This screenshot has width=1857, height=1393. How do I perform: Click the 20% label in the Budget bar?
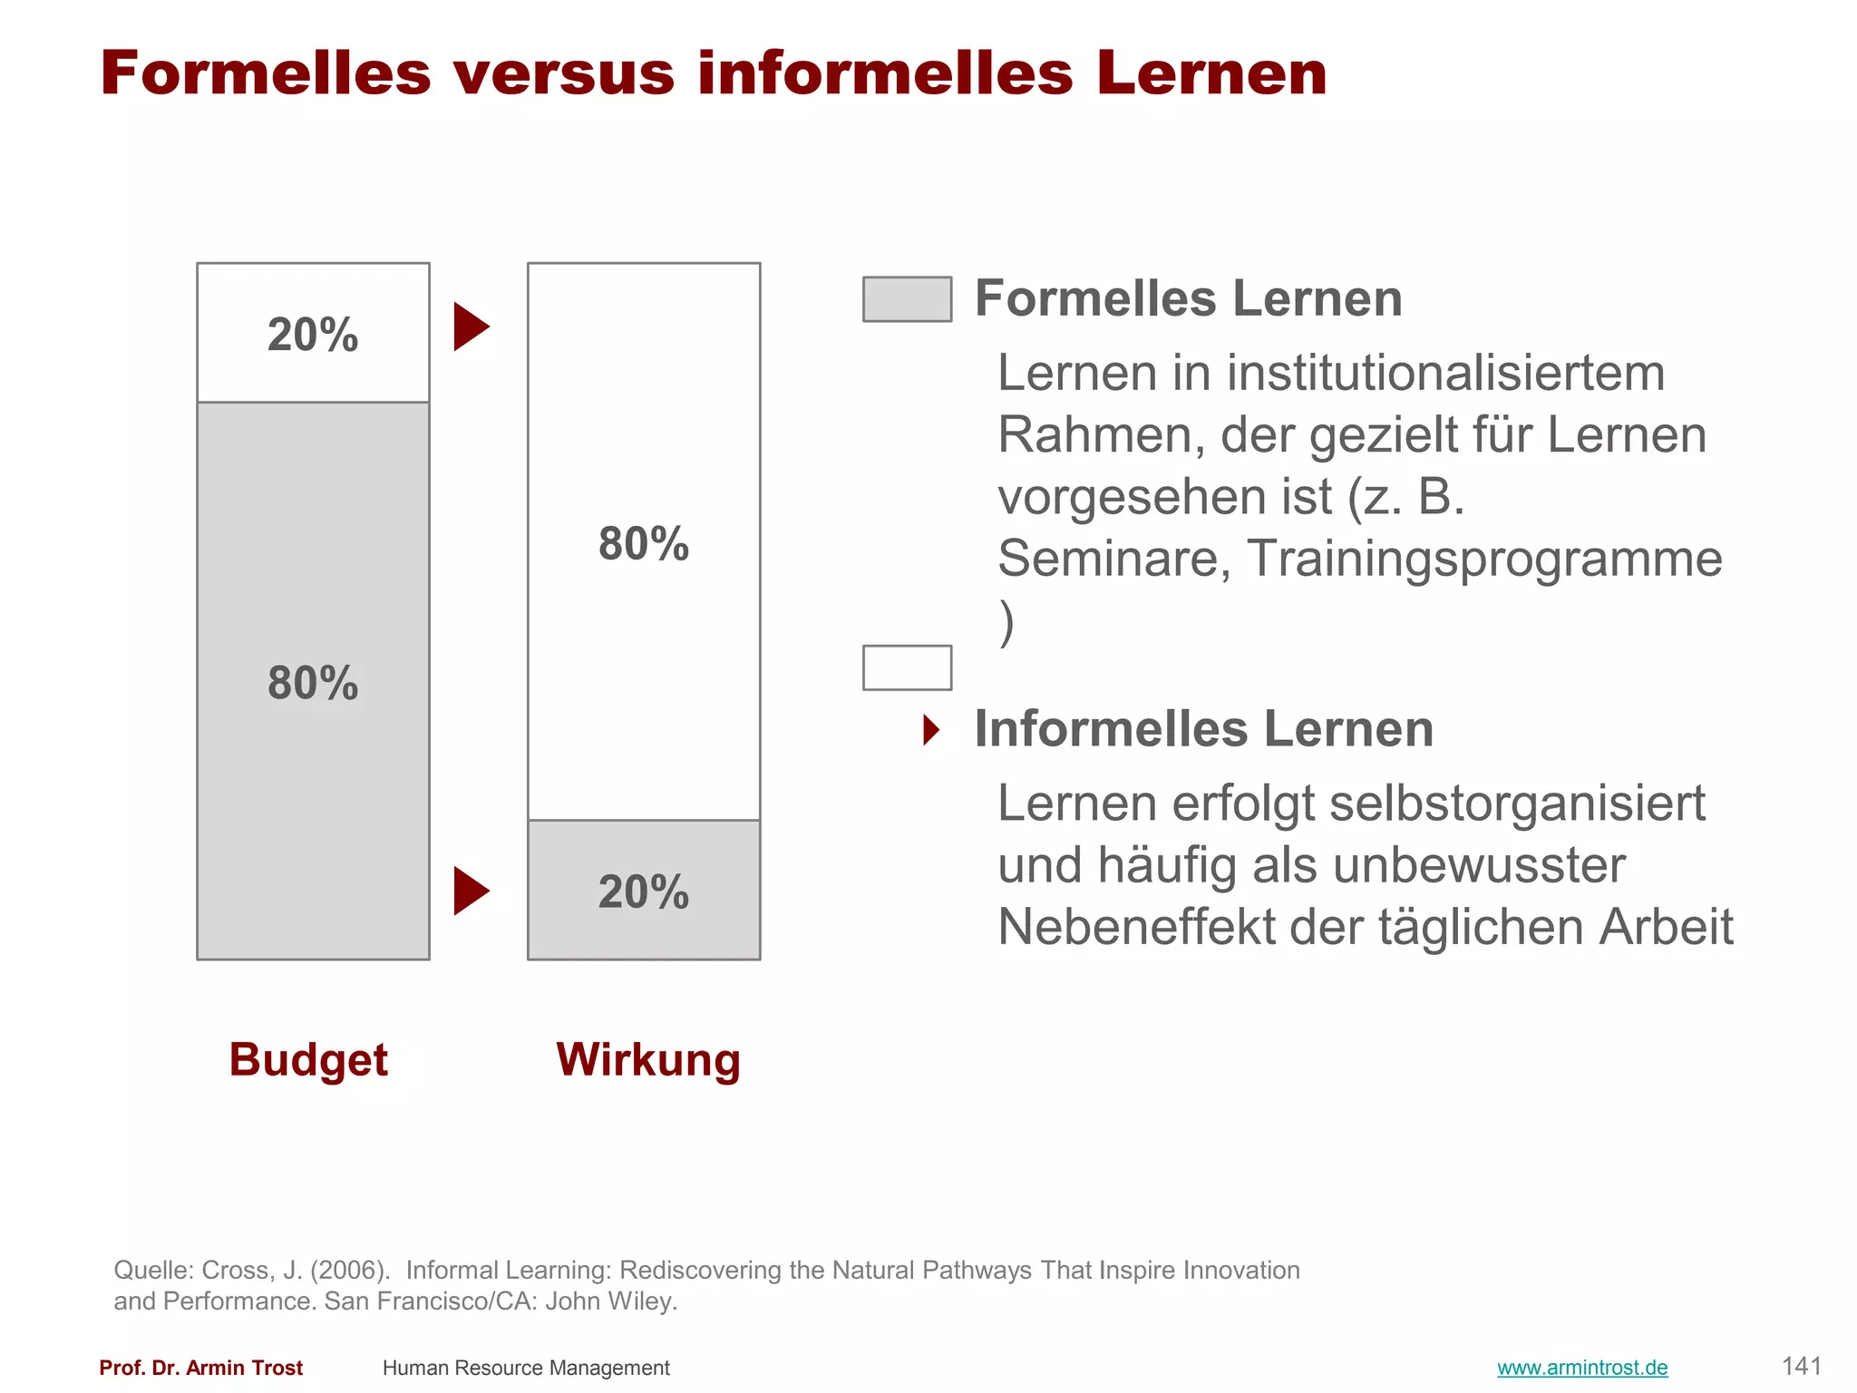tap(313, 335)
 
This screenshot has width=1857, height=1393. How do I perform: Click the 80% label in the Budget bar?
tap(313, 683)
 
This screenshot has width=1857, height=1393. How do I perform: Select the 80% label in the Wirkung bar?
tap(644, 543)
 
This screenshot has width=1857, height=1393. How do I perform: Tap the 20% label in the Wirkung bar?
tap(644, 891)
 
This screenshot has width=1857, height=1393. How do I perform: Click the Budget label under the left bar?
tap(308, 1059)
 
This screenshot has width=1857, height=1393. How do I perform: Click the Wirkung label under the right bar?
tap(648, 1059)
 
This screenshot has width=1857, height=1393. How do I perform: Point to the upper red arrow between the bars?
tap(471, 326)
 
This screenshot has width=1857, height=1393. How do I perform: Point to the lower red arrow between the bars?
tap(471, 891)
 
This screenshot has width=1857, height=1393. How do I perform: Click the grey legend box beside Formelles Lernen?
tap(907, 299)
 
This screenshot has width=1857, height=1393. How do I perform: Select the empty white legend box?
tap(907, 667)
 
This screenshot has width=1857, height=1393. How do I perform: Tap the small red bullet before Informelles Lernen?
tap(931, 729)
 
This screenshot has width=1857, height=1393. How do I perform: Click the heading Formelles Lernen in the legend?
tap(1188, 298)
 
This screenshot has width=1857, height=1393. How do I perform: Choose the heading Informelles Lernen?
tap(1203, 729)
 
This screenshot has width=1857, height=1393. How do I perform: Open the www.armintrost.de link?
tap(1582, 1368)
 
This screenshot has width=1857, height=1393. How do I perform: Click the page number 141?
tap(1801, 1366)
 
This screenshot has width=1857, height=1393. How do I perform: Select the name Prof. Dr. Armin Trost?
tap(201, 1368)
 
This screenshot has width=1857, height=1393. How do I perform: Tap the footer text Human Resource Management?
tap(526, 1368)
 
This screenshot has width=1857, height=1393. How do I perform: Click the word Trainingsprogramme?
tap(1484, 558)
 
